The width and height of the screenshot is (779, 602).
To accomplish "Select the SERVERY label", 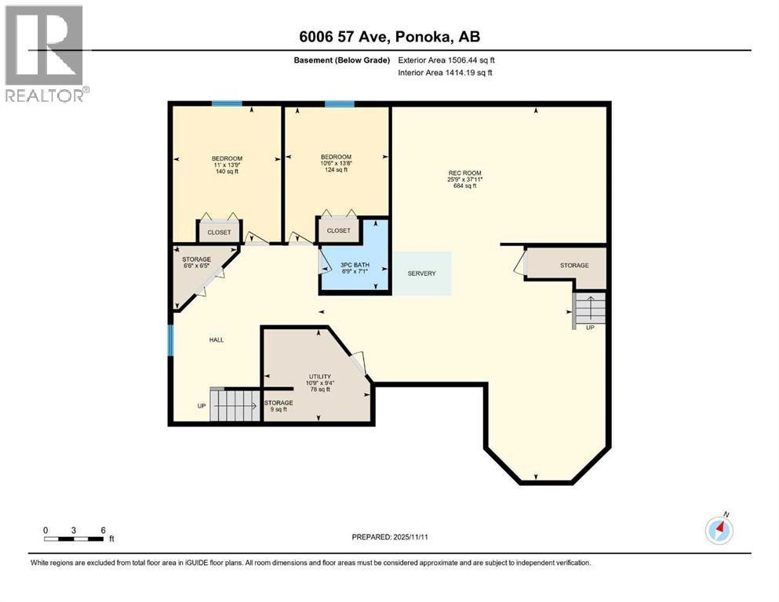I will [421, 274].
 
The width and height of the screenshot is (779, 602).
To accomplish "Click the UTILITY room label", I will [319, 383].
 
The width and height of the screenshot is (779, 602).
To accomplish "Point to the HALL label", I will [217, 339].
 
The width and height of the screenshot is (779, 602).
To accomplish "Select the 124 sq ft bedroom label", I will [336, 163].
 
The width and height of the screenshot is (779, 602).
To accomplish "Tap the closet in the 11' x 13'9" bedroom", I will [220, 232].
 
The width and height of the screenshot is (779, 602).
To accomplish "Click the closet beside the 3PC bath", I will [338, 230].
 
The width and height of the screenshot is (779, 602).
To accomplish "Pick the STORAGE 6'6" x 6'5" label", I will [197, 263].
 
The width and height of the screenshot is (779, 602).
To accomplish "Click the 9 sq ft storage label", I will [278, 406].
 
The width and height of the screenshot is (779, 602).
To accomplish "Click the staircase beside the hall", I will [233, 405].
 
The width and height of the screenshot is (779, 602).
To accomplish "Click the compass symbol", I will [719, 530].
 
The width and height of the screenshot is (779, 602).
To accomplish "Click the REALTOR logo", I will [46, 53].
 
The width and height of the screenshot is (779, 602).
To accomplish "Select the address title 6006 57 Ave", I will [388, 36].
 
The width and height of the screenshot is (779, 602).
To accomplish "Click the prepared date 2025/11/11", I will [389, 537].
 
